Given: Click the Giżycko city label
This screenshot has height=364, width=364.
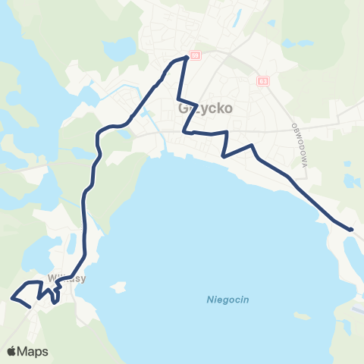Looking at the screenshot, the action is click(x=206, y=108).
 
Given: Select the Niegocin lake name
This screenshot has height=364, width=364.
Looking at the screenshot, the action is click(x=227, y=300).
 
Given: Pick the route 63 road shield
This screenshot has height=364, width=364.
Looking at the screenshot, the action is click(x=262, y=80).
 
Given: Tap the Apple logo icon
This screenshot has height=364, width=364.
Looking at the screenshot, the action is click(x=11, y=351).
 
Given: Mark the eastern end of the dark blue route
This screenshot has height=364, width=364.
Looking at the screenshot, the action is click(x=351, y=228).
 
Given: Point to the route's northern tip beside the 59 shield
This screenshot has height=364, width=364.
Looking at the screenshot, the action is click(x=186, y=58).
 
